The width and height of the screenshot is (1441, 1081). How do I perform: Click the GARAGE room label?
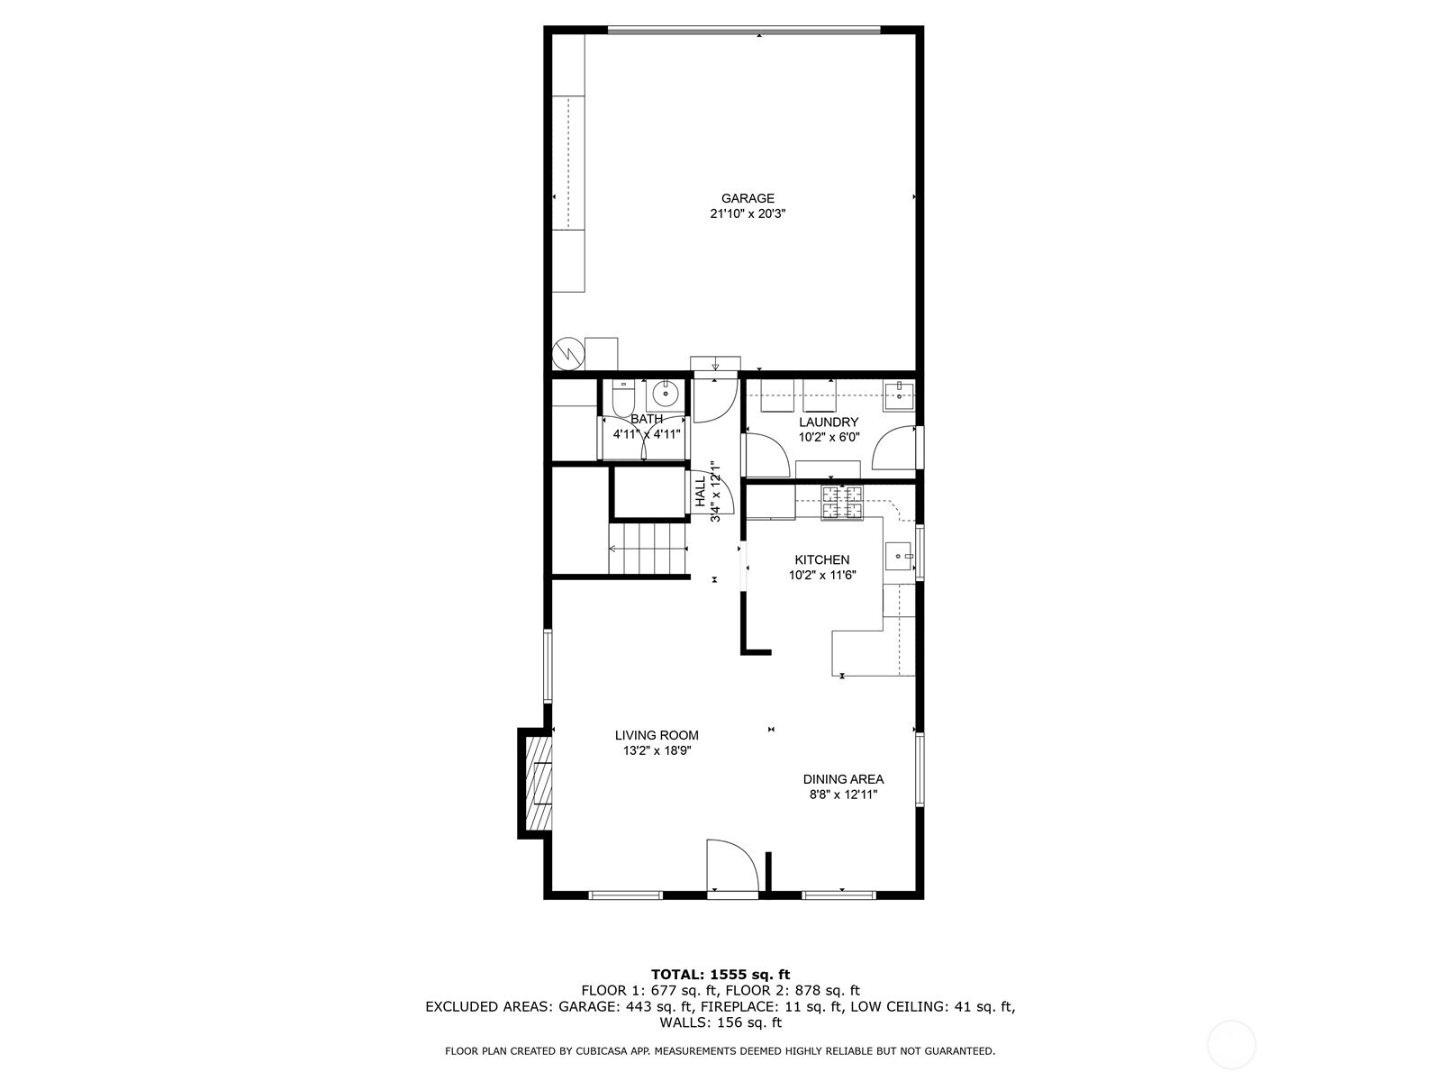748,198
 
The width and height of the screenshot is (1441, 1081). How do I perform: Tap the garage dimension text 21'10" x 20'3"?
748,214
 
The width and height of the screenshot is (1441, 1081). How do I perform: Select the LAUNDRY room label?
829,422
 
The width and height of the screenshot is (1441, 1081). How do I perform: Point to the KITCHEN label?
822,559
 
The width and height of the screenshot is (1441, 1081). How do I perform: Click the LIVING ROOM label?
657,735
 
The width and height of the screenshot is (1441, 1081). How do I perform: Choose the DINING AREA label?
843,779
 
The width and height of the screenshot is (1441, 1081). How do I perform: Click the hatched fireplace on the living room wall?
539,783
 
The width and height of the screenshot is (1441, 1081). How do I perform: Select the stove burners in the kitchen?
841,502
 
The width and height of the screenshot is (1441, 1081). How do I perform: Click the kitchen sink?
899,557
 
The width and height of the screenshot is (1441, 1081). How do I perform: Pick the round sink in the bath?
666,394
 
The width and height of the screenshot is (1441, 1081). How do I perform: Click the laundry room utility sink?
898,395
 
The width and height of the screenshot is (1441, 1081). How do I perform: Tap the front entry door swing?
732,865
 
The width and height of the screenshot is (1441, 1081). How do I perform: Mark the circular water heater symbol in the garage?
568,354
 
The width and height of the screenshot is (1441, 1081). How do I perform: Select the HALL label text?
700,491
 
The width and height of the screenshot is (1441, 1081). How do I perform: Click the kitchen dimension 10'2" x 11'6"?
822,576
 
